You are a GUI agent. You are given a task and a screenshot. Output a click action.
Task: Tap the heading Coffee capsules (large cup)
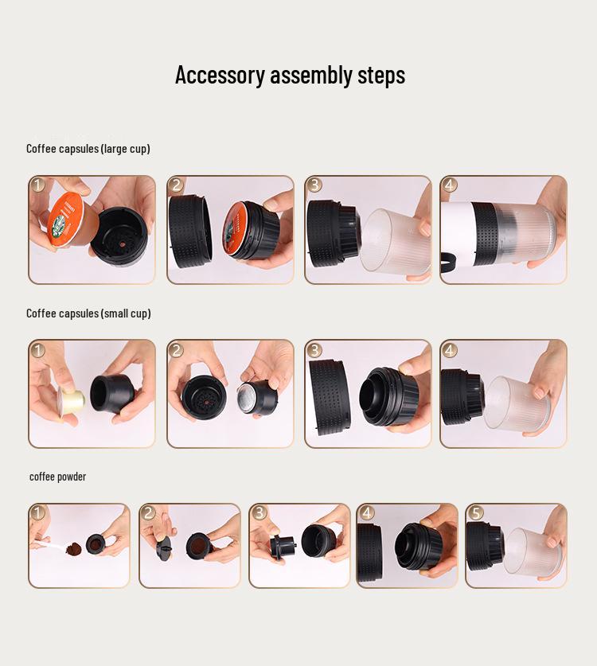[88, 149]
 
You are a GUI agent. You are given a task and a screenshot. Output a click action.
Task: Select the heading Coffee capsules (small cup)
[88, 314]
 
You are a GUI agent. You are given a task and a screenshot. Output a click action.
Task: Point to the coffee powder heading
[57, 477]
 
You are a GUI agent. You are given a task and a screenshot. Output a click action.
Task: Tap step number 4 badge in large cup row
[450, 185]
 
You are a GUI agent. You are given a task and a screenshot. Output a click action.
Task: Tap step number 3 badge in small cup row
[314, 350]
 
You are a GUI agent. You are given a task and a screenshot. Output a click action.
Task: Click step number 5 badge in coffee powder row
[475, 513]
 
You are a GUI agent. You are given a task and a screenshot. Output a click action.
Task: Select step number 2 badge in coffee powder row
[149, 513]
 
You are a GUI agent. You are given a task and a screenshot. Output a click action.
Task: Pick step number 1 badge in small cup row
[38, 350]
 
